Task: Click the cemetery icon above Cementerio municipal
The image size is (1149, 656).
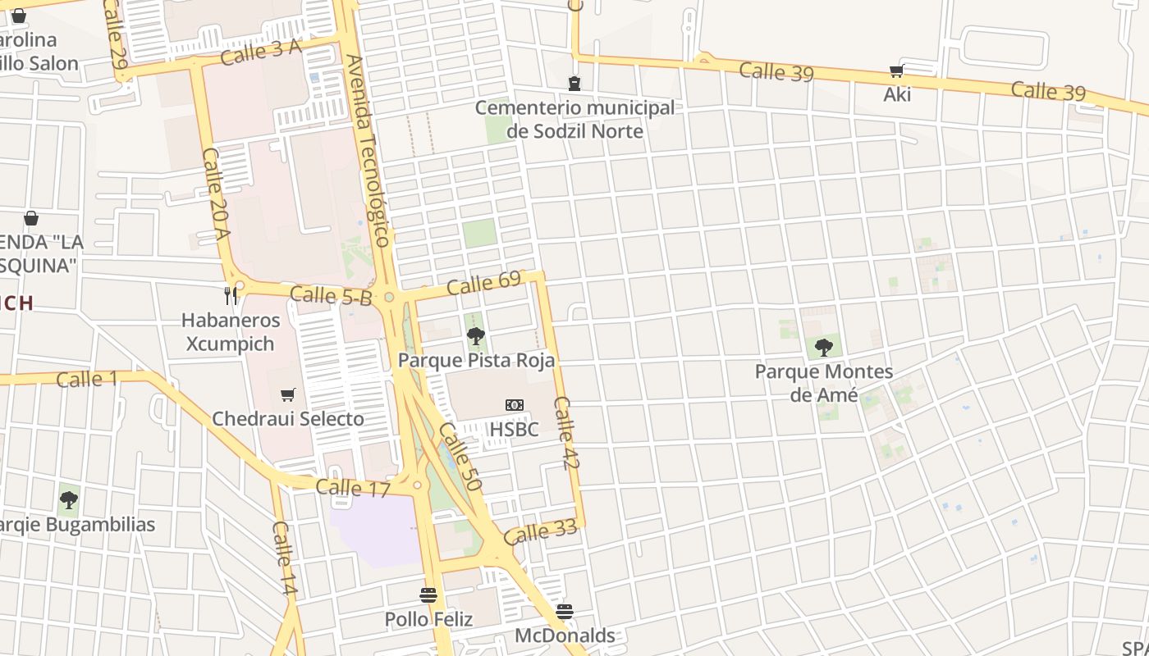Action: pyautogui.click(x=574, y=84)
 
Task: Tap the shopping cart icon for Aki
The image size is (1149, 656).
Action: pyautogui.click(x=896, y=72)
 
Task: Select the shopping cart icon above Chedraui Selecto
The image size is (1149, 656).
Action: pyautogui.click(x=287, y=395)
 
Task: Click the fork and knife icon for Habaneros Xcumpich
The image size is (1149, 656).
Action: pyautogui.click(x=231, y=295)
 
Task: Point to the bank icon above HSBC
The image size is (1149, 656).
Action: pyautogui.click(x=515, y=405)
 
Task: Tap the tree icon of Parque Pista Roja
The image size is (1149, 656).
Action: pyautogui.click(x=475, y=336)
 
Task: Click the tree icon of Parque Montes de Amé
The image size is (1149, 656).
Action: pyautogui.click(x=823, y=348)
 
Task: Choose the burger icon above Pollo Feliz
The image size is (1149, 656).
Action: pyautogui.click(x=428, y=594)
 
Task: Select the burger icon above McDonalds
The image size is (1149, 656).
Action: pyautogui.click(x=564, y=611)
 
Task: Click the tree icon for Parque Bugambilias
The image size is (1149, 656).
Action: pyautogui.click(x=69, y=499)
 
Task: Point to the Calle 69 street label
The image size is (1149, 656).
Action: pyautogui.click(x=484, y=283)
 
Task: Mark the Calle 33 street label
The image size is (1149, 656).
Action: pyautogui.click(x=540, y=532)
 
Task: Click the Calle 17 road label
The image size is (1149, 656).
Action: pyautogui.click(x=352, y=488)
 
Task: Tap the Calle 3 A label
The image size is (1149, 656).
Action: pyautogui.click(x=261, y=52)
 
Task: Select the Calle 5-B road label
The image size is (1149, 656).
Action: pyautogui.click(x=330, y=296)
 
